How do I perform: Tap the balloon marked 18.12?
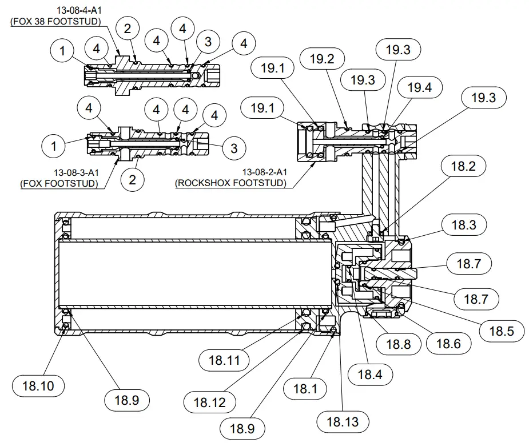click(210, 402)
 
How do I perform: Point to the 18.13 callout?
click(343, 422)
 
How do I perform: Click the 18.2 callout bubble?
click(463, 167)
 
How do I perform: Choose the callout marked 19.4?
click(419, 88)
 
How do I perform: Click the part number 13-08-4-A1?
click(79, 11)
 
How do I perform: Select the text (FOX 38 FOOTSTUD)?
click(55, 22)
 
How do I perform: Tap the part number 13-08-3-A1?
click(75, 172)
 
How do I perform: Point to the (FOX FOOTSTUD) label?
click(58, 183)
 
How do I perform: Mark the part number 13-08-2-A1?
click(264, 172)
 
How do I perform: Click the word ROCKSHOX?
click(208, 183)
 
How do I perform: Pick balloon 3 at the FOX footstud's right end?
click(234, 148)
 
